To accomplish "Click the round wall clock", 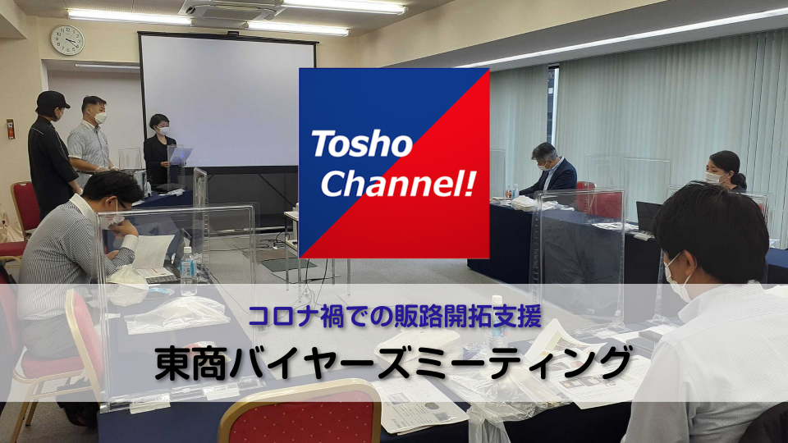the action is (67, 40).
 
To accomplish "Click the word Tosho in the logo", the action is (362, 144).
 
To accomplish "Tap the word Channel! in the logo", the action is (398, 183).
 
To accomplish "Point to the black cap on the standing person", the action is (52, 99).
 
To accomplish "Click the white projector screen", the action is (227, 100).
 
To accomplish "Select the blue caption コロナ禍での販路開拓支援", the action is (395, 317).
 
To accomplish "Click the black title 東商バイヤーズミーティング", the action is (393, 363).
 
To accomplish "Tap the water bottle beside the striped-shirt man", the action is (188, 271).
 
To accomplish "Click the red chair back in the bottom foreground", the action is (301, 413).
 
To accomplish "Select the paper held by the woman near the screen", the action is (181, 155).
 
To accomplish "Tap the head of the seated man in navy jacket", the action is (546, 156).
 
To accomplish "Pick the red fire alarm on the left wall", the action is (10, 129).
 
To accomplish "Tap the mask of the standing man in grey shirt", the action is (100, 118).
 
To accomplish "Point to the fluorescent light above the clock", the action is (129, 17).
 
